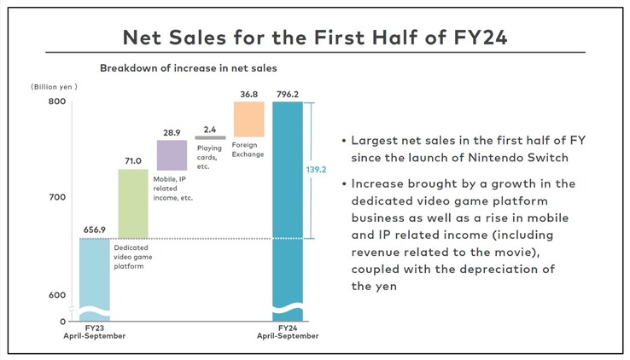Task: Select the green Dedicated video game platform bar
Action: (133, 204)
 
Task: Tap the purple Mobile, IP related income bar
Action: (172, 155)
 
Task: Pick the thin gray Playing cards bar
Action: (210, 137)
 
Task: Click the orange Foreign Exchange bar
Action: (248, 119)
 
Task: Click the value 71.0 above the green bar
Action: (133, 160)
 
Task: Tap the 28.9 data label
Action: (172, 131)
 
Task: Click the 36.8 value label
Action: (248, 93)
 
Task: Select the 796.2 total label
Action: (288, 93)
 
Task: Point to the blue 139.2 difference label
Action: (316, 170)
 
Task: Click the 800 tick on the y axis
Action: (57, 102)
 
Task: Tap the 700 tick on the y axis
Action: (57, 198)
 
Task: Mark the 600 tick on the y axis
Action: (57, 295)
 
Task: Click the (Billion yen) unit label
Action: (54, 87)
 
